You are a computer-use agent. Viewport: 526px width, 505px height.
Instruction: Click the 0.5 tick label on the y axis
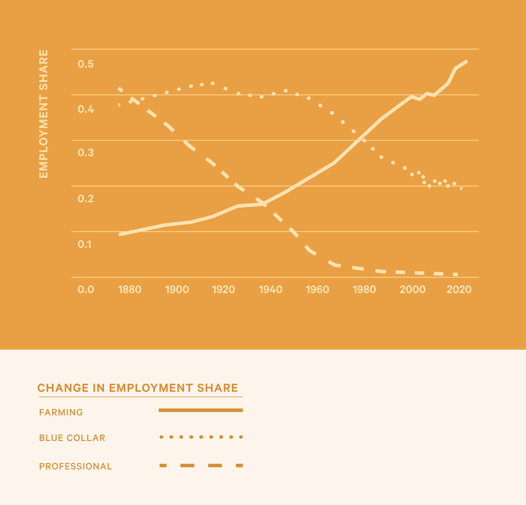[x=86, y=64]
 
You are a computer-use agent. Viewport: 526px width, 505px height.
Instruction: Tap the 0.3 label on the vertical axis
[x=86, y=153]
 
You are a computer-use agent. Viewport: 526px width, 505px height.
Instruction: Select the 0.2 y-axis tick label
[x=86, y=198]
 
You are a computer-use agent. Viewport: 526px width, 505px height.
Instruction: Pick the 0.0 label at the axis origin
[x=86, y=290]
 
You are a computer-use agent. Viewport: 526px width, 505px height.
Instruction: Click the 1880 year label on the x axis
[x=130, y=290]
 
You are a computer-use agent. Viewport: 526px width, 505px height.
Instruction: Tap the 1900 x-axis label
[x=177, y=290]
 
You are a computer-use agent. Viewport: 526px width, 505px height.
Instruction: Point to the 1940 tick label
[x=270, y=290]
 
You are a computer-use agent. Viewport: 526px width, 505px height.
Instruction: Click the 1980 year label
[x=364, y=290]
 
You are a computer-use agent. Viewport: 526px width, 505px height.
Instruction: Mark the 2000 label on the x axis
[x=412, y=290]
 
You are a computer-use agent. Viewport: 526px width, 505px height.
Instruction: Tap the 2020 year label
[x=459, y=290]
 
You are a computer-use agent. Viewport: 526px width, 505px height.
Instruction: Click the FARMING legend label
[x=61, y=412]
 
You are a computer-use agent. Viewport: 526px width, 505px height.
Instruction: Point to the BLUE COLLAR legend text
[x=72, y=438]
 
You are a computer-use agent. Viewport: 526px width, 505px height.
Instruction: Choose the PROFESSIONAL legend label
[x=75, y=466]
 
